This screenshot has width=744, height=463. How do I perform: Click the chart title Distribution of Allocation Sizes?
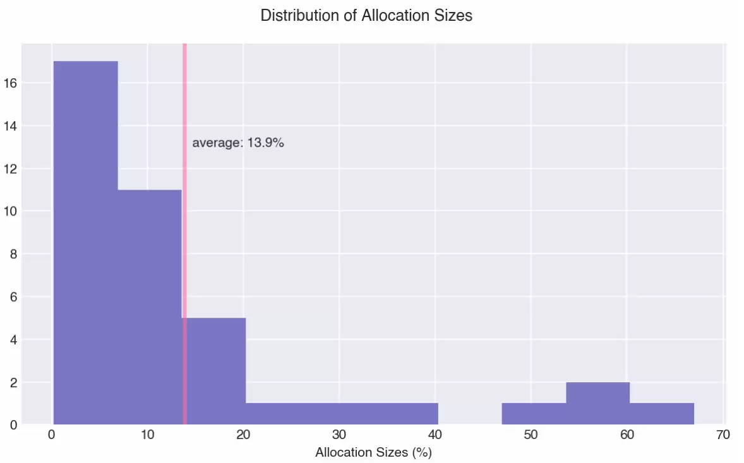[x=366, y=16]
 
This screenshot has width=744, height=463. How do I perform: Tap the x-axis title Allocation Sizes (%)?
[x=373, y=452]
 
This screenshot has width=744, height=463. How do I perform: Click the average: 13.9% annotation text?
[x=238, y=143]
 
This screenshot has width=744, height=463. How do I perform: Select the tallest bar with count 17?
[x=86, y=240]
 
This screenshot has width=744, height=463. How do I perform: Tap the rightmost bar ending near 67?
[x=662, y=414]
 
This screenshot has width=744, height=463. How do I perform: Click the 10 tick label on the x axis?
[x=147, y=435]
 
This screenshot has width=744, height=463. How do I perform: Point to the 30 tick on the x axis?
[x=339, y=435]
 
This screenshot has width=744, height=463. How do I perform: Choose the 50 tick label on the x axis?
[x=531, y=435]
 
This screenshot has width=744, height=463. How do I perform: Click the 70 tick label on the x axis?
[x=723, y=435]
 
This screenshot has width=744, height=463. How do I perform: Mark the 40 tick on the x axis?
[x=435, y=435]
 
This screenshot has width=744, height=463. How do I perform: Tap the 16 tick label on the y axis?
[x=10, y=83]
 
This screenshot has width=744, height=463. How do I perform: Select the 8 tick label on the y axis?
[x=13, y=254]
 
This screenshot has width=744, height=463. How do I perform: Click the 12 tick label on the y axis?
[x=10, y=169]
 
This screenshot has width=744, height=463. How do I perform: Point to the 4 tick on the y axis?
[x=13, y=339]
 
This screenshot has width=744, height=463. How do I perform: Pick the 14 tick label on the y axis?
[x=10, y=126]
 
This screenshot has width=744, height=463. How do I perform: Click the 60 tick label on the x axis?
[x=627, y=435]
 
